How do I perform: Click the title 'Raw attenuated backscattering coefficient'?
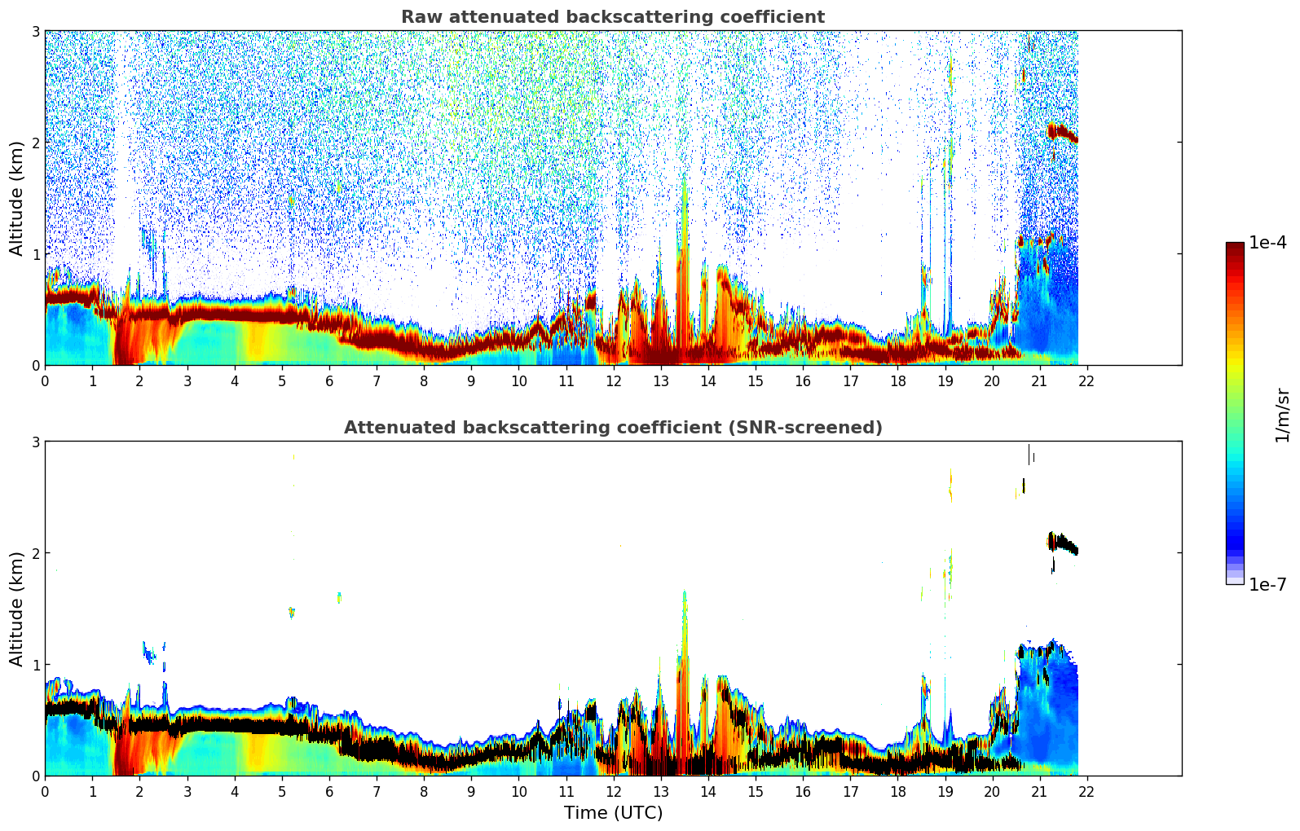[612, 17]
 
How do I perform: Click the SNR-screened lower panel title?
[612, 428]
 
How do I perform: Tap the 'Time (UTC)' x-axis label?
[613, 813]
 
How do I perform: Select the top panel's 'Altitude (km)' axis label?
[16, 198]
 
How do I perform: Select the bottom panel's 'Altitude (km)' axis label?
[16, 609]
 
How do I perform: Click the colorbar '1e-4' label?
[1267, 243]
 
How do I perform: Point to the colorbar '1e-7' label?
[1267, 584]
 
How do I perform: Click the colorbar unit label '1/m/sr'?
[1282, 414]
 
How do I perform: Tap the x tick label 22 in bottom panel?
[1086, 792]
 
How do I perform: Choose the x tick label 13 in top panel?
[660, 381]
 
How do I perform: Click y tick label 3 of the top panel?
[36, 32]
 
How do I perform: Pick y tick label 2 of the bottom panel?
[36, 553]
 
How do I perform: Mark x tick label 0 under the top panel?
[45, 381]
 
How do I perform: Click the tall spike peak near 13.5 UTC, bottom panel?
[685, 595]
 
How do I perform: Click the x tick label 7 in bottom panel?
[377, 792]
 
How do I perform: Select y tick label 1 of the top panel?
[36, 254]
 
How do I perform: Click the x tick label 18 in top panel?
[897, 381]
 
